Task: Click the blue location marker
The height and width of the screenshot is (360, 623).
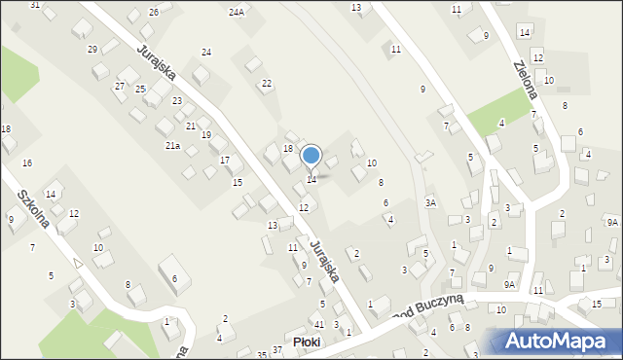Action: point(311,155)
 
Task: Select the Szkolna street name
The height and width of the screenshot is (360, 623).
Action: point(33,208)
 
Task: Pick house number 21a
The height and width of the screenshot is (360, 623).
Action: point(172,145)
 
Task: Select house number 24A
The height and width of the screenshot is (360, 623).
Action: point(237,13)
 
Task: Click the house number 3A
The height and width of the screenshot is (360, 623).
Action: point(430,202)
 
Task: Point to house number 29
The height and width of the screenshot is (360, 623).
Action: point(92,49)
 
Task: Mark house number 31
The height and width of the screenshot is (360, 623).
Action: point(35,5)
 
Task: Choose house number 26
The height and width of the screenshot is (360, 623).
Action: point(154,12)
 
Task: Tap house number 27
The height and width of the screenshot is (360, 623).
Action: point(120,86)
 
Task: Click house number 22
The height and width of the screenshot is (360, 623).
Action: point(267,84)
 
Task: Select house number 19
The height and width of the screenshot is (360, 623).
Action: point(206,135)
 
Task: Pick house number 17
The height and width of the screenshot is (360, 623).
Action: point(225,160)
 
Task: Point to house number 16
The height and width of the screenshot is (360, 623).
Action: point(27,162)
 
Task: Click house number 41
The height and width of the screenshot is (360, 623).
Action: point(319,324)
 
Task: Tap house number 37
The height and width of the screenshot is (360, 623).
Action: point(277,349)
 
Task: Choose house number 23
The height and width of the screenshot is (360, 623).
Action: point(177,101)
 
